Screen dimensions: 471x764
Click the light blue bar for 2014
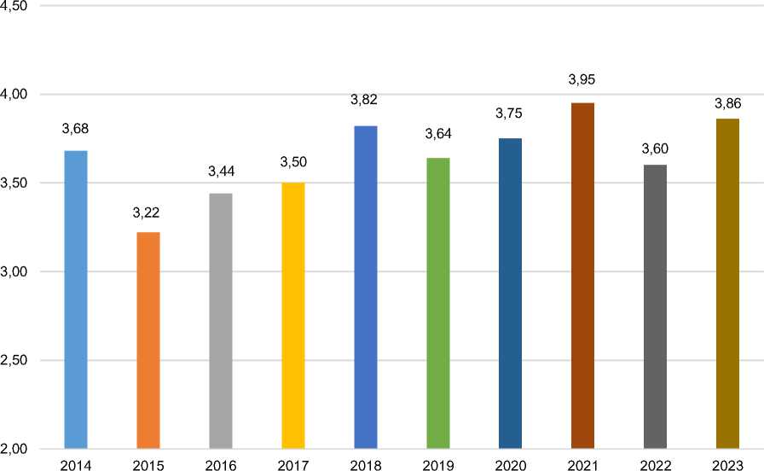pos(76,299)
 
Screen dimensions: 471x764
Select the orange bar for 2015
pos(148,340)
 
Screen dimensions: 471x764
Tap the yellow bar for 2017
pos(293,316)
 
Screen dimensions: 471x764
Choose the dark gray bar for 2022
pos(656,306)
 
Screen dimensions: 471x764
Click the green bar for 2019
pos(438,303)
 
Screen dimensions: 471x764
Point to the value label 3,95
pos(583,80)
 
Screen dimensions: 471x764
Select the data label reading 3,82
pos(365,100)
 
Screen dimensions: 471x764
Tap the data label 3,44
pos(221,172)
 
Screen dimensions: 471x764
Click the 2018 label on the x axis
pos(366,464)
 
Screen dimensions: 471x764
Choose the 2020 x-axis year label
pos(511,464)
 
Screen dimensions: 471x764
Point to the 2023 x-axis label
pos(728,464)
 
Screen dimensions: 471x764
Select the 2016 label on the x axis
pos(221,464)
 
